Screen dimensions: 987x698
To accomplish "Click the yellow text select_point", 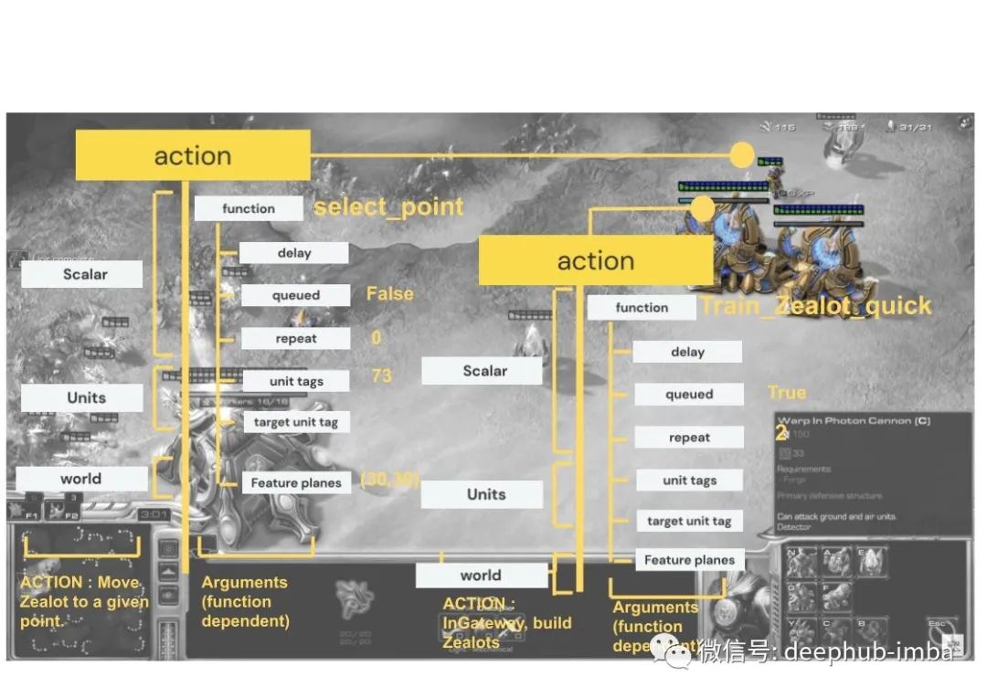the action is [389, 207].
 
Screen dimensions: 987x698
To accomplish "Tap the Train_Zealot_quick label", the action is [815, 306].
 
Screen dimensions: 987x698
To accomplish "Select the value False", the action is [390, 294].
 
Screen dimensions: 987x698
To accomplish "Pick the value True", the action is [787, 393].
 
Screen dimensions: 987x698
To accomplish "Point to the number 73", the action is [382, 376].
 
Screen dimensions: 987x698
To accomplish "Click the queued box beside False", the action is [296, 295].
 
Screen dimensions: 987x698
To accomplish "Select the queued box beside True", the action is [689, 395].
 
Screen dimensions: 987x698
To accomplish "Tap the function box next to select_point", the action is [249, 209].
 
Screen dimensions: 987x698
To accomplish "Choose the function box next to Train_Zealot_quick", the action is [642, 308].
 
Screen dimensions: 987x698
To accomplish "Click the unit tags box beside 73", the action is [296, 382].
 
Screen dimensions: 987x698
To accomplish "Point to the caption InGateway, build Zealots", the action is [506, 623].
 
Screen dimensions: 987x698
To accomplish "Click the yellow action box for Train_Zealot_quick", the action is [596, 261].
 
